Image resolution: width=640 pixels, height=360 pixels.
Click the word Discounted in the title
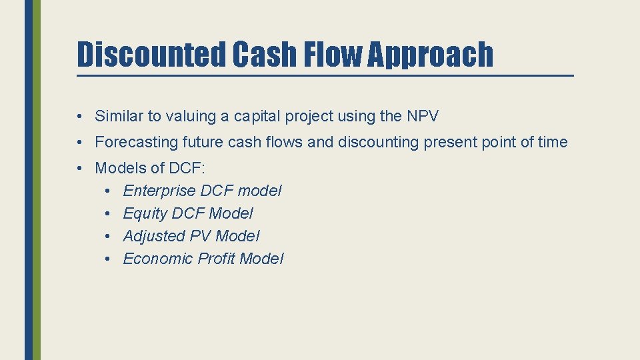pos(152,55)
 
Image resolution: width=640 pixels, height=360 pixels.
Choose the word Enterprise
pos(159,191)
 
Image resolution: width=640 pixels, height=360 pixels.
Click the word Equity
pos(145,213)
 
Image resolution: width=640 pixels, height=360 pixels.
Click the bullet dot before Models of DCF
pos(79,168)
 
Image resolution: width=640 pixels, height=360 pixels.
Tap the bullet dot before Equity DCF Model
pos(108,213)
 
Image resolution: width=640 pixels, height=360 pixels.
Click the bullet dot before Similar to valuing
pos(79,117)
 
